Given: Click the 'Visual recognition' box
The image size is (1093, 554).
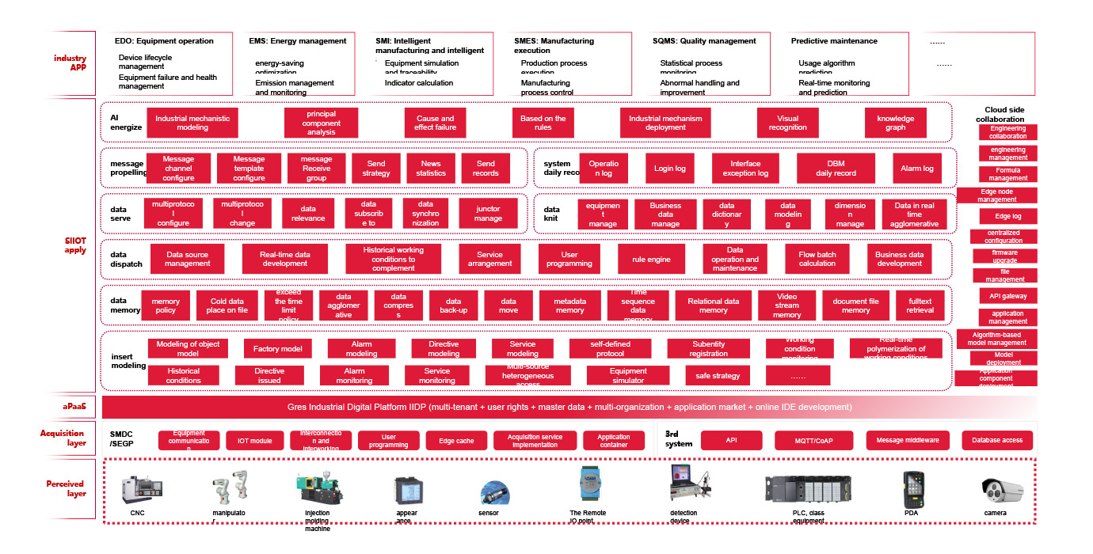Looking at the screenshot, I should pos(787,123).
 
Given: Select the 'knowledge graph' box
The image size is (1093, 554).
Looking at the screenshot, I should pos(895,123).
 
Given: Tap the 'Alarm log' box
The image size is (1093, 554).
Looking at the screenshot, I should pos(916,168).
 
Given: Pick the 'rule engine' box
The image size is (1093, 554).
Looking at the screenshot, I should pos(651,259).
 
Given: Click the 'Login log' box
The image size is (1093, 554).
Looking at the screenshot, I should pos(669,168).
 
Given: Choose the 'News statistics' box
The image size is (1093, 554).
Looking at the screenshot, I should pos(431,168).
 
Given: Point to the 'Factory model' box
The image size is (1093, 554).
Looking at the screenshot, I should pos(277,348).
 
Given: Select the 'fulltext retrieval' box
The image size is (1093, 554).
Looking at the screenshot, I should pos(920,305).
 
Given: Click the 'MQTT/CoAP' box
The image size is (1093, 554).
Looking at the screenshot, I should pos(814,440).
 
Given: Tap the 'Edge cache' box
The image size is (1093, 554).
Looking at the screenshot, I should pos(455,440).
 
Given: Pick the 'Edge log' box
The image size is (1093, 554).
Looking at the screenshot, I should pos(1007,216).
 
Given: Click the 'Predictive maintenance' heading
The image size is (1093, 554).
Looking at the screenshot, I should pos(833,41).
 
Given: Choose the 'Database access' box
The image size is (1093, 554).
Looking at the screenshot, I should pos(996,440).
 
